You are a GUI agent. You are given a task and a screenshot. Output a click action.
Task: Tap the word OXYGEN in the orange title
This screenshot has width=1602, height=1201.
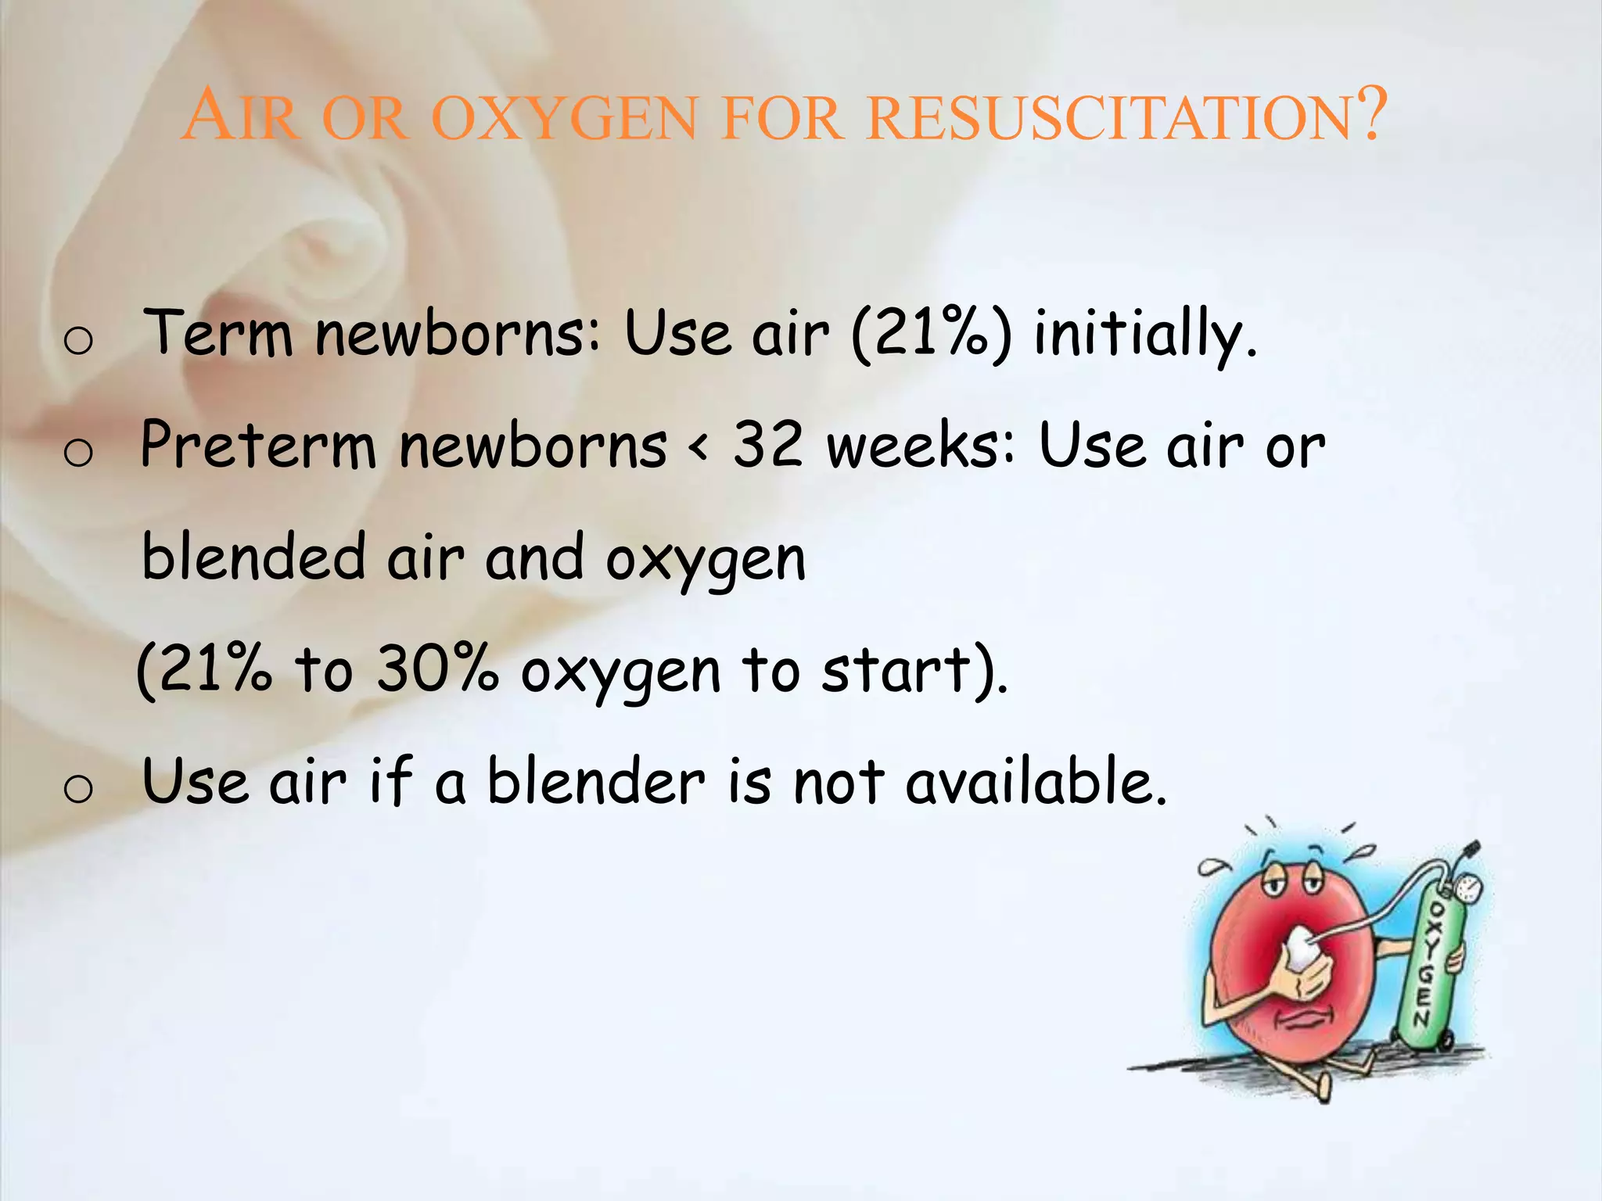pyautogui.click(x=564, y=119)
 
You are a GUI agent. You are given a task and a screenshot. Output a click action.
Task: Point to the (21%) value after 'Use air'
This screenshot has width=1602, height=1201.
pyautogui.click(x=931, y=335)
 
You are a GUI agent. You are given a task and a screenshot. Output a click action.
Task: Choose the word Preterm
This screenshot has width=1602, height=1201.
pyautogui.click(x=258, y=446)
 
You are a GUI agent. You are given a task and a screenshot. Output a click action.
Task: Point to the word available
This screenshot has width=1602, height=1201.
pyautogui.click(x=1036, y=781)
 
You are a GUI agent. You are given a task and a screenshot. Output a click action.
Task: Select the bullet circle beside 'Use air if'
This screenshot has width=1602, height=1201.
pyautogui.click(x=78, y=788)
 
